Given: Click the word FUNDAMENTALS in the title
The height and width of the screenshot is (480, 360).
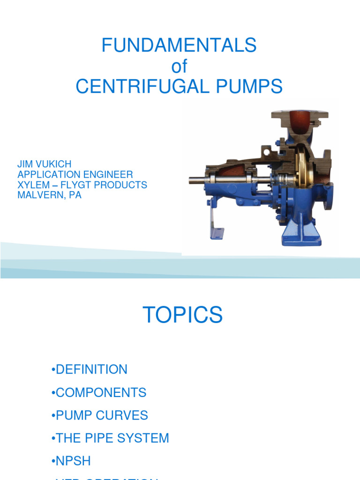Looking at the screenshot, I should (x=179, y=45).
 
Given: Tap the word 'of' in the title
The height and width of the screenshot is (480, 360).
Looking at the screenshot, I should (x=179, y=67).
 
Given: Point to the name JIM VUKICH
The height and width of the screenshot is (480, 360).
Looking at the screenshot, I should (x=45, y=164).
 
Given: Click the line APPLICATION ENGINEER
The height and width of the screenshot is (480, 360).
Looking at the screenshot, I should (x=75, y=174).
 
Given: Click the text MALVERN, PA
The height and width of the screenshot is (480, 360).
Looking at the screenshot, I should (x=49, y=195).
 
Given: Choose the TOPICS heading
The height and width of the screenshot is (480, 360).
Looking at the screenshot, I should (x=183, y=315).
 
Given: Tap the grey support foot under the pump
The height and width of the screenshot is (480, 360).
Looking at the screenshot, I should (x=217, y=220).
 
